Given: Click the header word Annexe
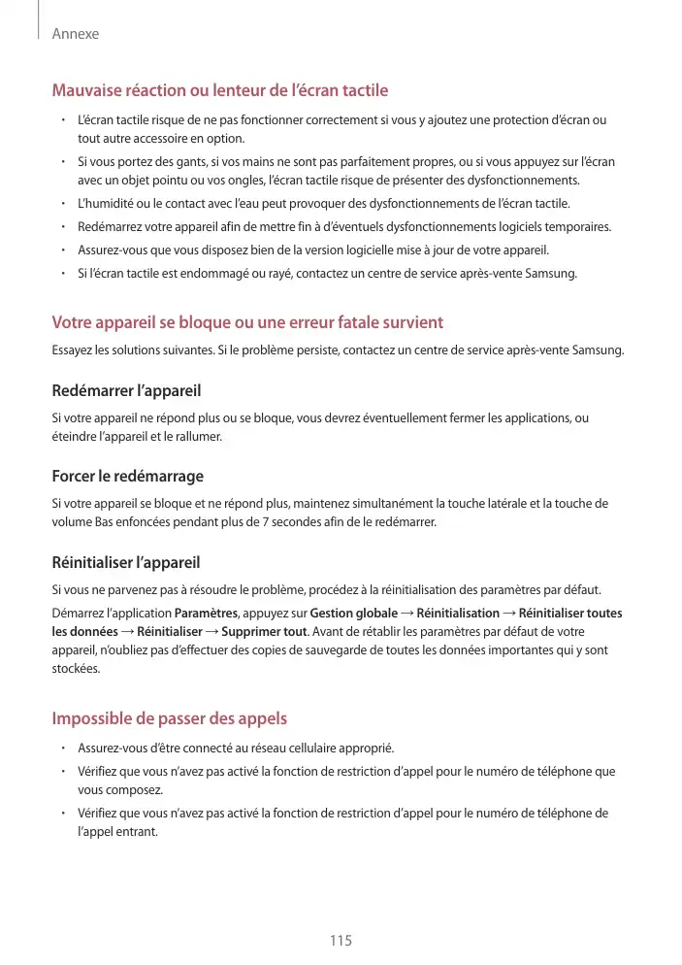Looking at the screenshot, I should point(76,34).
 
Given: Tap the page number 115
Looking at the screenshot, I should point(341,941).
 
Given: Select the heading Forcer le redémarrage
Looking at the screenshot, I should point(127,477).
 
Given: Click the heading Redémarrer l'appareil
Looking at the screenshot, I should point(126,391).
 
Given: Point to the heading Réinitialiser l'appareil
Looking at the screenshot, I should point(125,562).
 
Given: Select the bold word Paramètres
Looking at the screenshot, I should point(206,614).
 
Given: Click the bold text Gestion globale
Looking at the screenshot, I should point(354,614).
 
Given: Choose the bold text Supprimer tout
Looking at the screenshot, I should point(265,632).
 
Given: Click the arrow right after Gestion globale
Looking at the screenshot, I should point(406,614).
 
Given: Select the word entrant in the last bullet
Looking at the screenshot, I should point(135,832).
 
